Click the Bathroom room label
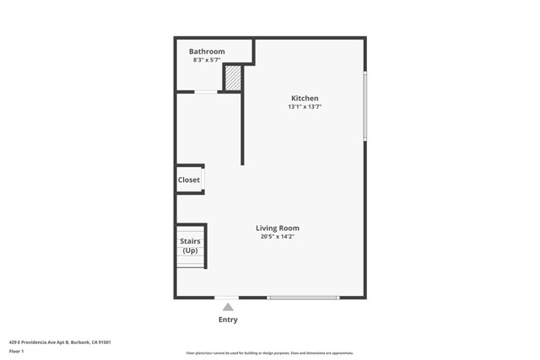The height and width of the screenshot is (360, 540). (x=207, y=51)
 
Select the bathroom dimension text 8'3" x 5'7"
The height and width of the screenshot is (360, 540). (x=207, y=60)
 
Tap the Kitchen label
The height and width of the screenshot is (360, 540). (x=305, y=99)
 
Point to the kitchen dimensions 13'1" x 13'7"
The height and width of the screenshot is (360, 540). (x=305, y=107)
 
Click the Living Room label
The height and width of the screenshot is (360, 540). (x=278, y=228)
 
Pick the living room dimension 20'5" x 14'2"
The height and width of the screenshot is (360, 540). (x=278, y=237)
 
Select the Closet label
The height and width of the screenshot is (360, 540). (x=188, y=180)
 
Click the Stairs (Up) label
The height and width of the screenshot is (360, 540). (x=190, y=245)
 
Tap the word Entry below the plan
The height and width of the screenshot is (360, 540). (x=228, y=320)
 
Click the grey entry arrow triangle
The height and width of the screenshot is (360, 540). (x=228, y=307)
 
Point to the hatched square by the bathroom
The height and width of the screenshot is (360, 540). (x=233, y=78)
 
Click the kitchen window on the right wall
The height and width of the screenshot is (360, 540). (x=364, y=105)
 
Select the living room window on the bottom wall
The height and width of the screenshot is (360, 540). (x=303, y=298)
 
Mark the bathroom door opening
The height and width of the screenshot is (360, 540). (x=206, y=92)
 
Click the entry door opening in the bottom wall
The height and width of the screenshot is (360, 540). (x=227, y=298)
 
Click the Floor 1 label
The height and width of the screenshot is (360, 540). (x=17, y=351)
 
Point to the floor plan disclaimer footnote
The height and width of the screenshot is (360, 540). (x=269, y=353)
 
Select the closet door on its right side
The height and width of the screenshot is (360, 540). (x=203, y=180)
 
